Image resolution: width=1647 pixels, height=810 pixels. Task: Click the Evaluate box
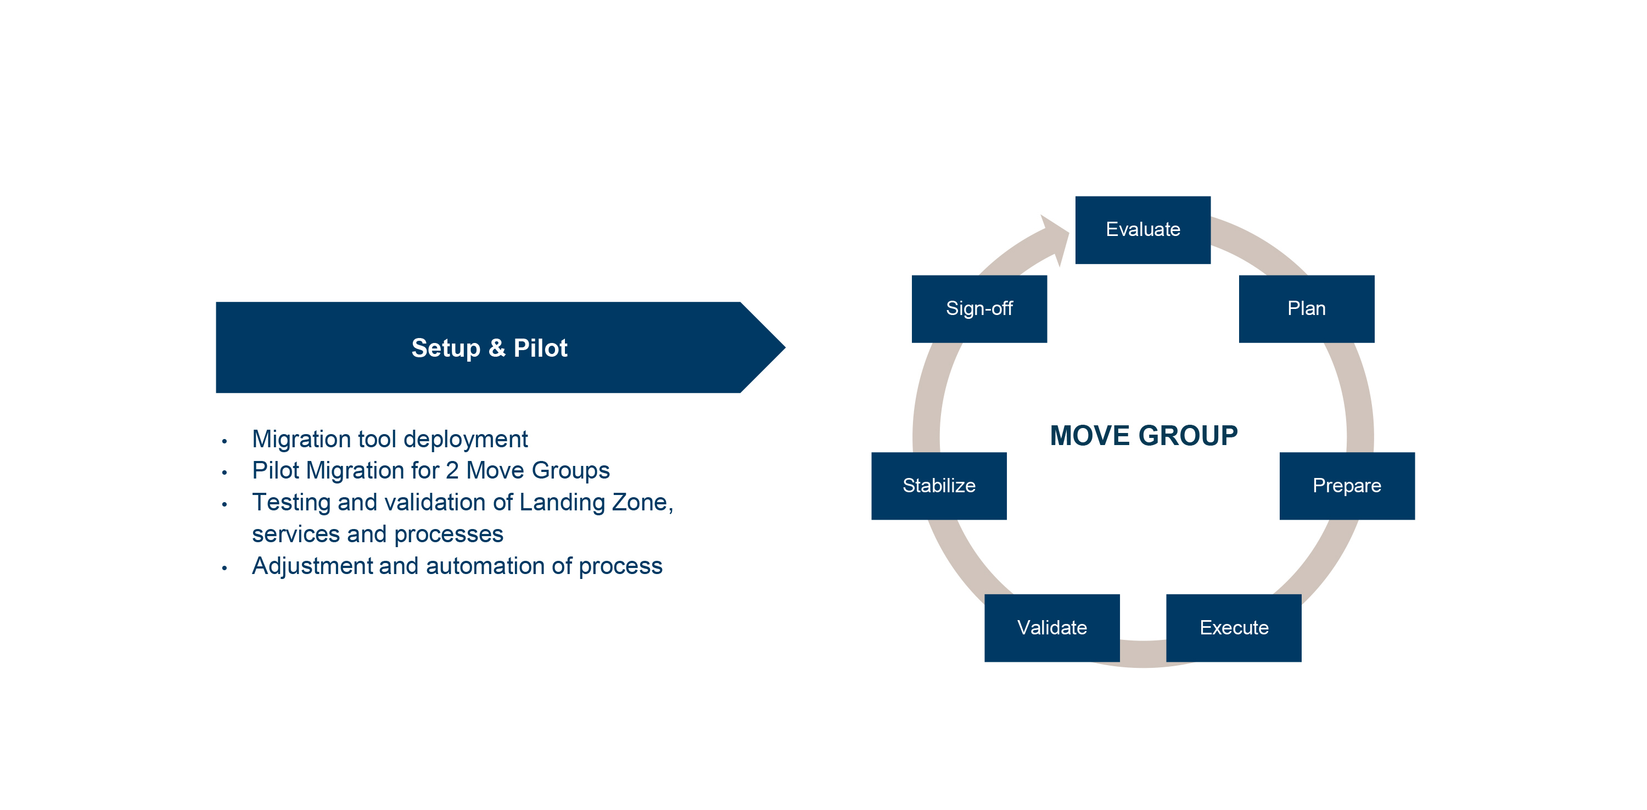[1142, 229]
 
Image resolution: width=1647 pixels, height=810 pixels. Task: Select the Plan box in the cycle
[1306, 309]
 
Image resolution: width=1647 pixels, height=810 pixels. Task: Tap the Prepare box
[1347, 486]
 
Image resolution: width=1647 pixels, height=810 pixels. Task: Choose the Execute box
[1234, 628]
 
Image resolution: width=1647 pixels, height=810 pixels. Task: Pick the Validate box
[1052, 628]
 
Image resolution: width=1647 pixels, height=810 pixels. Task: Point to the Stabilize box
[939, 486]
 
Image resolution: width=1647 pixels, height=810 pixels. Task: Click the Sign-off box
[979, 309]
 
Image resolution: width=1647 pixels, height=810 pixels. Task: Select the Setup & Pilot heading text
[489, 348]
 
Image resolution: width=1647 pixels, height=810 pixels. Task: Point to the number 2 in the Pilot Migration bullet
[452, 470]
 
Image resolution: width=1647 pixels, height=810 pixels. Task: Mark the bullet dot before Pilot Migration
[225, 473]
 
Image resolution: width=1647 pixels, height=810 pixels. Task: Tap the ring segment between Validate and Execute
[1142, 654]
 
